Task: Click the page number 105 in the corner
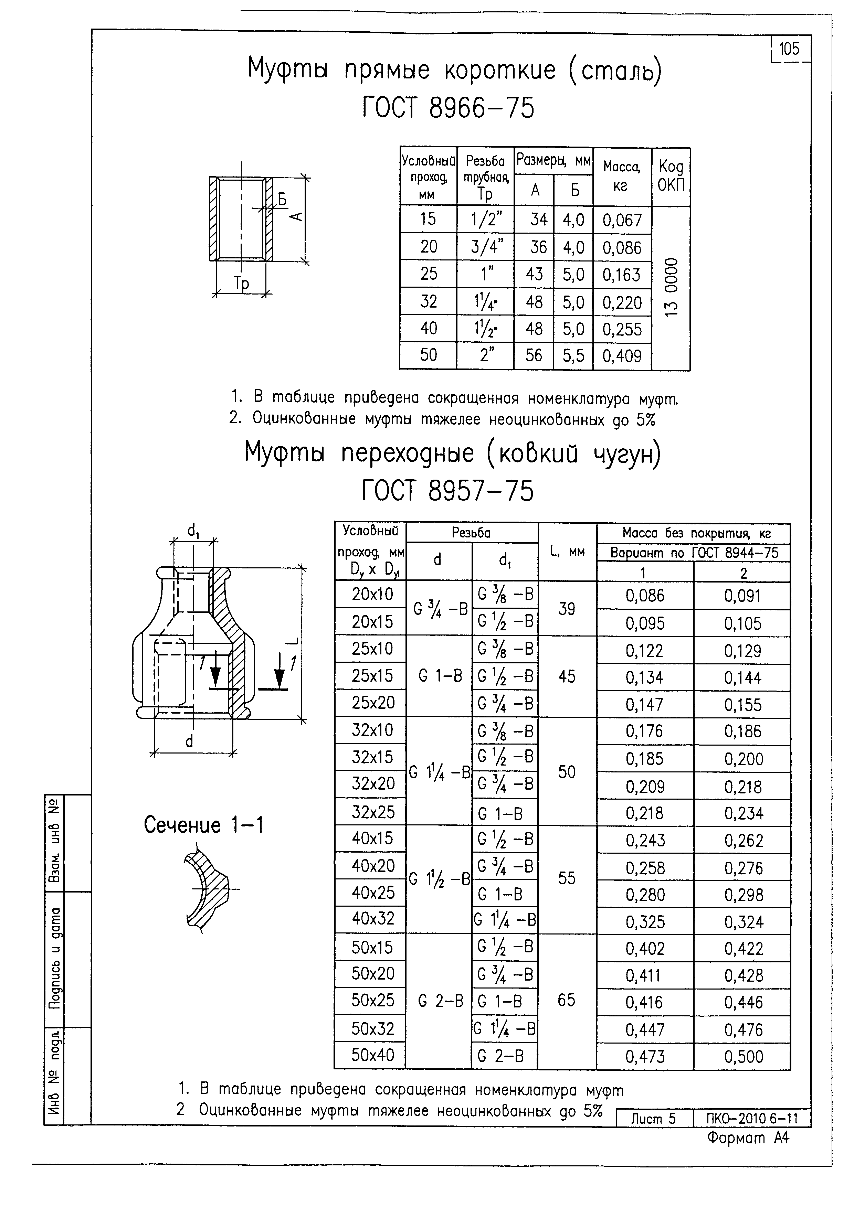click(789, 50)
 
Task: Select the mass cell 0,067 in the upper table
click(622, 220)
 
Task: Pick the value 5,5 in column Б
click(573, 356)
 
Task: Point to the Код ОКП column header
click(671, 176)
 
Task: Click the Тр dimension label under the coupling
click(241, 284)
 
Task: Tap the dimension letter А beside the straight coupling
click(297, 216)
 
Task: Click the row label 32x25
click(373, 812)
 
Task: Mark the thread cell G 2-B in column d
click(441, 1002)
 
